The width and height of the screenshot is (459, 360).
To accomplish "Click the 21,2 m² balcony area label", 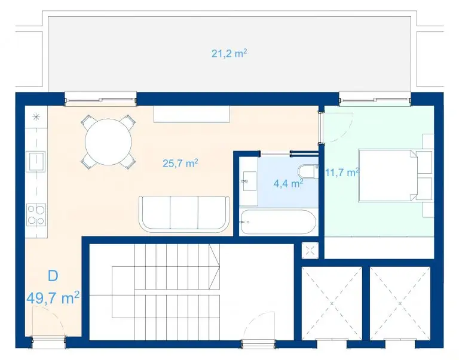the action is tap(229, 54).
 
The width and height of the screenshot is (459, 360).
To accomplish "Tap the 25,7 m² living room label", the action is tap(180, 163).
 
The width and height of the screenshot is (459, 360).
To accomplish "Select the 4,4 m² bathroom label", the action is tap(288, 183).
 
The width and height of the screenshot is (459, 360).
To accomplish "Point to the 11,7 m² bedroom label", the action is tap(342, 173).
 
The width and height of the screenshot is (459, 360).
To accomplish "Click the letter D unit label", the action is tap(53, 275).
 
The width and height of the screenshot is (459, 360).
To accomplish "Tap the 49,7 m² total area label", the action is tap(53, 298).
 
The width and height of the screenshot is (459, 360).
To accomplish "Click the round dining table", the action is tap(108, 142).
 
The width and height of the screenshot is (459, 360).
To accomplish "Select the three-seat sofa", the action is tap(184, 214).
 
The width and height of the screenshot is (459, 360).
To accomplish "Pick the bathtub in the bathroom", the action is tap(278, 222).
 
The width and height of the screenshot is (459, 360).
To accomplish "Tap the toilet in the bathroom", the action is tap(307, 172).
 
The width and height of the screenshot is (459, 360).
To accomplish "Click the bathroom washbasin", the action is tap(249, 181).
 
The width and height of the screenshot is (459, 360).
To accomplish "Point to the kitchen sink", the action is tap(35, 161).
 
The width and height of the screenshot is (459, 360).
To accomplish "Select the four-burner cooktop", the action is tap(36, 215).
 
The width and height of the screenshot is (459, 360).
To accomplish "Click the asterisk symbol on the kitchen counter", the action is tap(36, 117).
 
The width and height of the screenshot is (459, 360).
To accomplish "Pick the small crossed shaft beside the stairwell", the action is tap(310, 250).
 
